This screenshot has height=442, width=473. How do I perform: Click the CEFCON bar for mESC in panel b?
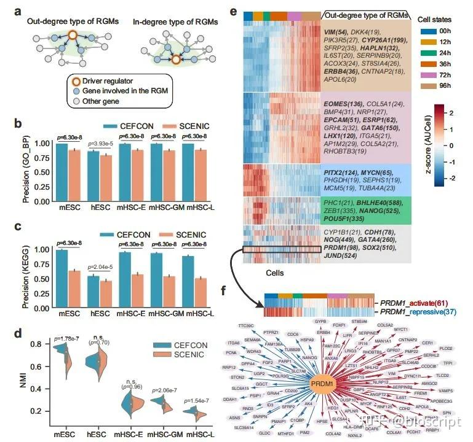pos(62,173)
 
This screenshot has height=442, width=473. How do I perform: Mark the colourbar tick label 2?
pos(456,113)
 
